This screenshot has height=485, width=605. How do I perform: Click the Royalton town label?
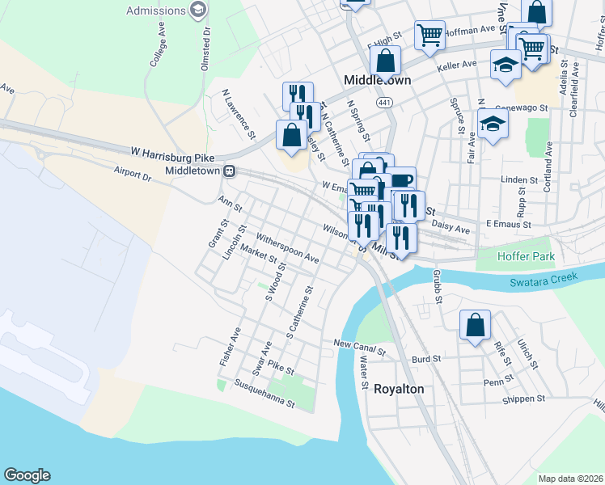click(x=398, y=389)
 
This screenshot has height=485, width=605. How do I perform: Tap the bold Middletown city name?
click(x=377, y=81)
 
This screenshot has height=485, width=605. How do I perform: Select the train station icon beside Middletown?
click(x=230, y=171)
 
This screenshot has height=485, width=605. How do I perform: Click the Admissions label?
click(x=154, y=11)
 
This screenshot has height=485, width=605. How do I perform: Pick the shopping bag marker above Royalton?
click(x=475, y=325)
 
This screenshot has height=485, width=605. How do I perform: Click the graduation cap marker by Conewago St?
click(x=492, y=124)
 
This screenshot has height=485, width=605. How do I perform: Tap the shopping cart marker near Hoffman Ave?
click(x=429, y=35)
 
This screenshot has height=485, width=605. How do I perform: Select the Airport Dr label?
click(x=133, y=171)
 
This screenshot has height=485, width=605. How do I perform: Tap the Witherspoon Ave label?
click(x=288, y=249)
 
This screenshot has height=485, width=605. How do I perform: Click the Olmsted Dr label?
click(x=206, y=40)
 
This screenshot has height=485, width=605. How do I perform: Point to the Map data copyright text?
click(x=570, y=479)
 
